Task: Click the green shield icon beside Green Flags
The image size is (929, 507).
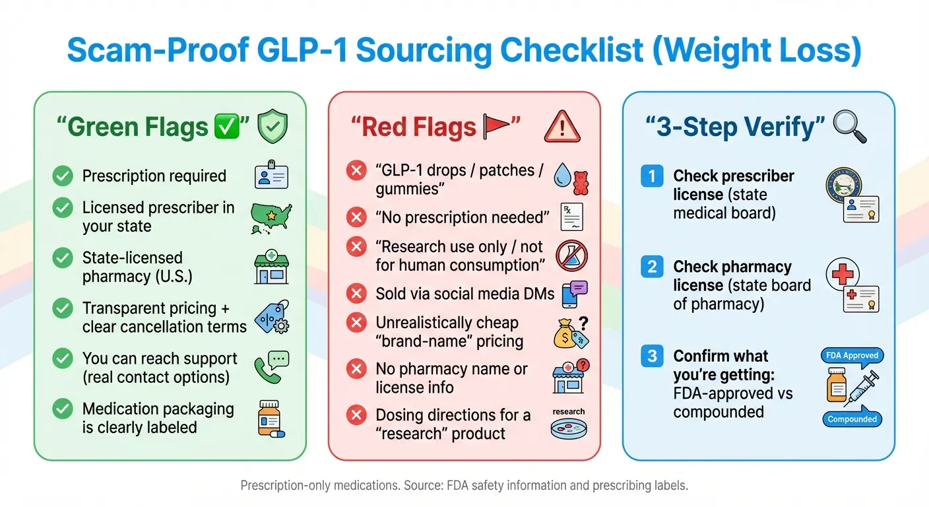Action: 272,127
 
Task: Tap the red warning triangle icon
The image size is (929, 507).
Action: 562,125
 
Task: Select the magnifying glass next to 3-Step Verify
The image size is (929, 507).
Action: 850,127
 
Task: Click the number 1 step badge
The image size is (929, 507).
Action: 652,176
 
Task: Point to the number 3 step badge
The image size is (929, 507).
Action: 652,356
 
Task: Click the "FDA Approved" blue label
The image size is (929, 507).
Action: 852,355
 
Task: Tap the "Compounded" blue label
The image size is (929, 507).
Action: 852,419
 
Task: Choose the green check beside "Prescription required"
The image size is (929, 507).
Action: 63,176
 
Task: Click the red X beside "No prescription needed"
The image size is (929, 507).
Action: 356,217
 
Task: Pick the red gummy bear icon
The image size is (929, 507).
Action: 581,183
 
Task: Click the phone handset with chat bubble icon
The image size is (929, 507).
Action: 271,368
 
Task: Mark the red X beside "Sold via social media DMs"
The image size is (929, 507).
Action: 356,294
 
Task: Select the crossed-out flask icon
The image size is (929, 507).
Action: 571,256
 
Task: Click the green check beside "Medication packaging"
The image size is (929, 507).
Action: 63,409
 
